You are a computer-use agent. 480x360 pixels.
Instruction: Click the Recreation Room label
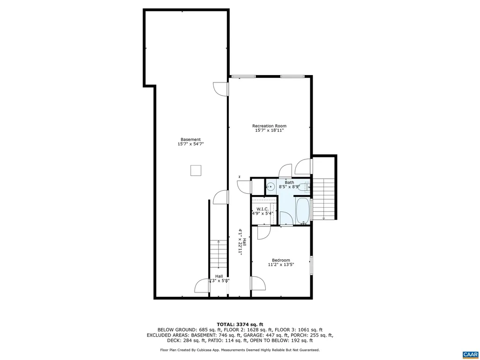(x=269, y=126)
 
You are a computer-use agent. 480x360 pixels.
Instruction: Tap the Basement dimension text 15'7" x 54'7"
(x=191, y=144)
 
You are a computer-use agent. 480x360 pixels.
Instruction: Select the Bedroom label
(x=281, y=260)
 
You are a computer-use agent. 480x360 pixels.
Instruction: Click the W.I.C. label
(x=262, y=209)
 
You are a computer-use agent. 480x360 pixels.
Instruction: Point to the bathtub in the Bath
(x=302, y=210)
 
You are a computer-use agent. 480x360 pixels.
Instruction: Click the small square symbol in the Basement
(x=195, y=170)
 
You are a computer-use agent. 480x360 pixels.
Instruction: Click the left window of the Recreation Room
(x=244, y=76)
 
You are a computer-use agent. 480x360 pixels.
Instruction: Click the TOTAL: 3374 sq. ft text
(x=240, y=324)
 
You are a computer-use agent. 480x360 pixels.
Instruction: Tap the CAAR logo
(x=470, y=353)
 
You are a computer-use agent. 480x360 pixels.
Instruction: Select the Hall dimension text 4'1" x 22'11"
(x=240, y=242)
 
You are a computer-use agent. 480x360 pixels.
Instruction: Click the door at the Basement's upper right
(x=220, y=89)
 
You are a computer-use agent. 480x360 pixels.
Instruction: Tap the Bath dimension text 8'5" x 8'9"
(x=289, y=187)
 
